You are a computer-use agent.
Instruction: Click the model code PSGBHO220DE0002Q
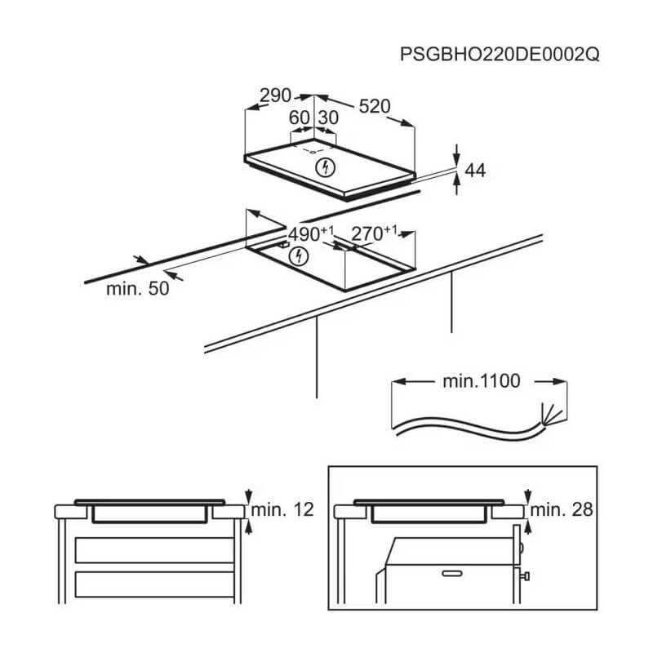[500, 54]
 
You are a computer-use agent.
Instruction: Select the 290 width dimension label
[275, 96]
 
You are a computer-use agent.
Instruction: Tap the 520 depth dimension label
[375, 106]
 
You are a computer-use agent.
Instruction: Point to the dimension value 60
[299, 118]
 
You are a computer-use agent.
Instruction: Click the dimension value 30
[329, 118]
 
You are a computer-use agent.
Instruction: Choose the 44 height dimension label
[475, 171]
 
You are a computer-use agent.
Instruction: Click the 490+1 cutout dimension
[311, 233]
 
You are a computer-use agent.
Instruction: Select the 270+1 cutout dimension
[374, 233]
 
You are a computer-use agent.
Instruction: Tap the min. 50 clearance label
[137, 289]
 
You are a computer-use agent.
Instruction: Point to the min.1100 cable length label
[482, 381]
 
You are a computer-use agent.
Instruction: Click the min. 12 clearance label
[282, 509]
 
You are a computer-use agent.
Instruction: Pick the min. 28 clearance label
[562, 509]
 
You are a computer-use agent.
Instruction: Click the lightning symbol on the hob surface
[325, 167]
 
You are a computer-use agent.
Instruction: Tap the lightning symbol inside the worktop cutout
[299, 256]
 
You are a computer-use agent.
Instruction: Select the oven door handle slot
[452, 574]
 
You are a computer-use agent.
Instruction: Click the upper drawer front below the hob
[154, 550]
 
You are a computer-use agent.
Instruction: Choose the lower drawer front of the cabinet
[154, 584]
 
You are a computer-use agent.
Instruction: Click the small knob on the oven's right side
[525, 576]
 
